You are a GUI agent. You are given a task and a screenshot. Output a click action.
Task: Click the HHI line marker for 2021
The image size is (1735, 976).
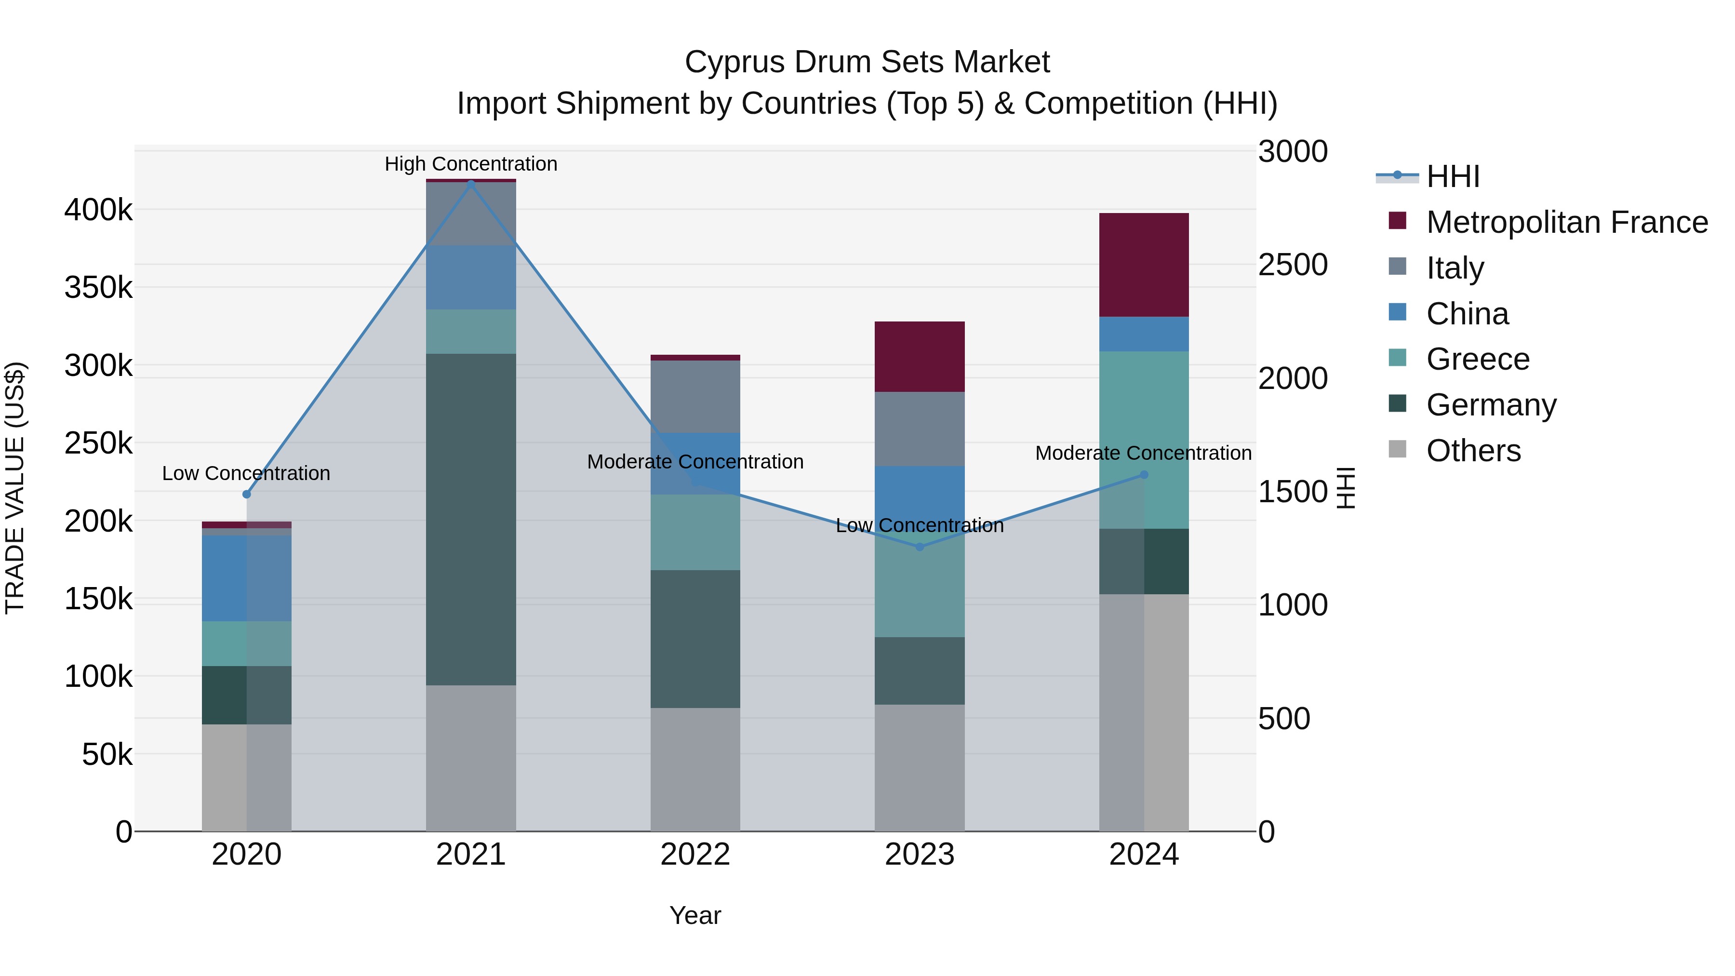(471, 183)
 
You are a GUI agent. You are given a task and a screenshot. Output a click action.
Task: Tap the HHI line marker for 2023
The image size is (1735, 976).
(920, 547)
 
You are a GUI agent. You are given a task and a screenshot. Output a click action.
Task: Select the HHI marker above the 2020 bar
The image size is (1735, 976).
(246, 495)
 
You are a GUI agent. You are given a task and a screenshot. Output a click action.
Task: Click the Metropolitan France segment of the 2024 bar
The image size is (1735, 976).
(1144, 265)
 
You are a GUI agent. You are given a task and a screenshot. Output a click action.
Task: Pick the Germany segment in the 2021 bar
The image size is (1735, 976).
(471, 519)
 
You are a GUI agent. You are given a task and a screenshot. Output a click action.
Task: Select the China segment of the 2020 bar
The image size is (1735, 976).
(246, 578)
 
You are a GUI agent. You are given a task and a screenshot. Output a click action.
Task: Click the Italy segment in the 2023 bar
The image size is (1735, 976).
(920, 429)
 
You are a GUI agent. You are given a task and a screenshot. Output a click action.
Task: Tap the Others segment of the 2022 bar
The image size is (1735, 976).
(695, 769)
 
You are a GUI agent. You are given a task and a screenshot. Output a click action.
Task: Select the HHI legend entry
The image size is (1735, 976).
(1452, 176)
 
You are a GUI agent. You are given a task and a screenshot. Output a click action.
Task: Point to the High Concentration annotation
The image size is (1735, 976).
(471, 164)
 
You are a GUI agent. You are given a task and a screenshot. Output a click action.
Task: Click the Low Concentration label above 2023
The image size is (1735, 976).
(920, 525)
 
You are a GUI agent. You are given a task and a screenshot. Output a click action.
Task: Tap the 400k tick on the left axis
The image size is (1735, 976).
(98, 210)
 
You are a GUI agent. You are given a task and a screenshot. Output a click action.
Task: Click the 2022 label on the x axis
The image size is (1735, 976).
(695, 855)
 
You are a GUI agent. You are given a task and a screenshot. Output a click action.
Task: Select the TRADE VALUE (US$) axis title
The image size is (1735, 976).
(15, 488)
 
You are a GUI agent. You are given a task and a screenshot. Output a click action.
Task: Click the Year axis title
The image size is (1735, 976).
(695, 915)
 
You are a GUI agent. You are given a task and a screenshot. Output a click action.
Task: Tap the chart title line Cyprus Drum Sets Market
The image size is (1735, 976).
(867, 62)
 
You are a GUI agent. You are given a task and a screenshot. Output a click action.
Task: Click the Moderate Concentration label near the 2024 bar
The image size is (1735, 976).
(1143, 454)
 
